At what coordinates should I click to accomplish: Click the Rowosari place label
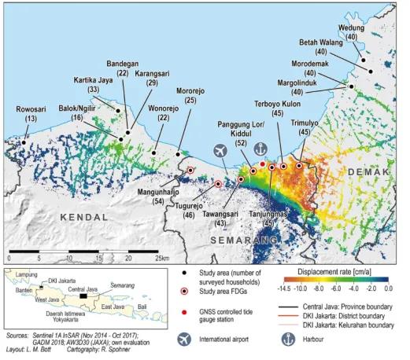click(31, 109)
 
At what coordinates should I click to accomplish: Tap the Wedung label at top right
click(350, 27)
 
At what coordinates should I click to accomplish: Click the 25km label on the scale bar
click(162, 257)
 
